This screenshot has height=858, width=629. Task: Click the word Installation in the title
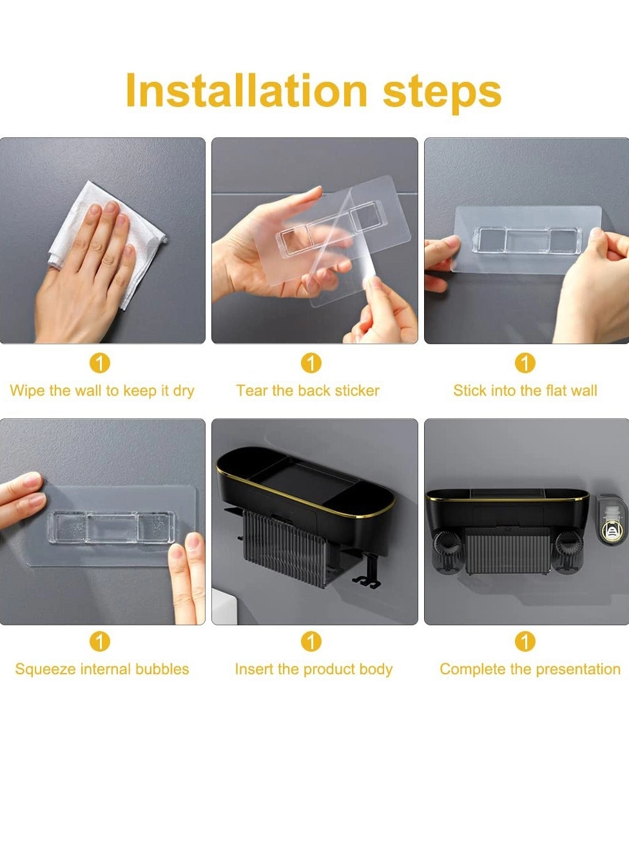[x=247, y=90]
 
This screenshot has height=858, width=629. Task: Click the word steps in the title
[x=442, y=94]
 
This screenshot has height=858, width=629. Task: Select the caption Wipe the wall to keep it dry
[x=102, y=391]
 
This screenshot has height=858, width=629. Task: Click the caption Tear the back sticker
[x=308, y=391]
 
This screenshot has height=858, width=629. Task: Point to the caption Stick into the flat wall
[x=525, y=391]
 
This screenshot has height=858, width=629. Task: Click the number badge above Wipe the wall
[x=99, y=363]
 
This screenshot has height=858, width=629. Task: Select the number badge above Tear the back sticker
[x=311, y=363]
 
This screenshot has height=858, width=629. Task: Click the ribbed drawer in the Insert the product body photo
[x=285, y=548]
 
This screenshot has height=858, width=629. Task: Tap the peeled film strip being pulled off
[x=347, y=249]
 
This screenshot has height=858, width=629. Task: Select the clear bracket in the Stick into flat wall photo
[x=527, y=240]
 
